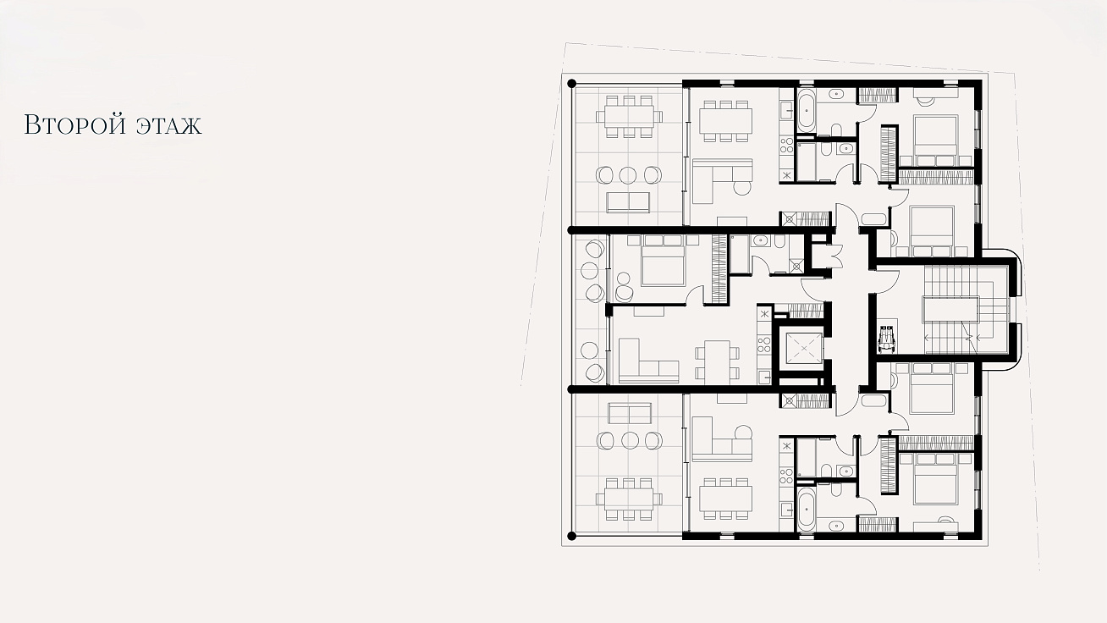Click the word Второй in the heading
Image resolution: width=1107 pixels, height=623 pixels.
74,124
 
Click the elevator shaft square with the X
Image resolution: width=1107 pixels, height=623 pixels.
803,348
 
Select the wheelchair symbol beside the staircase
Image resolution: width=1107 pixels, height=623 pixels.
887,340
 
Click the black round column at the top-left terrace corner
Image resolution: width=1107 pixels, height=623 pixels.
572,84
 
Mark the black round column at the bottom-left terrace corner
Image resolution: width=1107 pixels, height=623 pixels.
572,536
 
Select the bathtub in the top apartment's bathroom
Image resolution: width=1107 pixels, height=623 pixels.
806,110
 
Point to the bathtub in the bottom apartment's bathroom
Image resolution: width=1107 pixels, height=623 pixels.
806,508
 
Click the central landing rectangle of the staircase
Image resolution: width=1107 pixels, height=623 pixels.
950,310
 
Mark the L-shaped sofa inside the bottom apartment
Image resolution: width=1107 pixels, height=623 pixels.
722,439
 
